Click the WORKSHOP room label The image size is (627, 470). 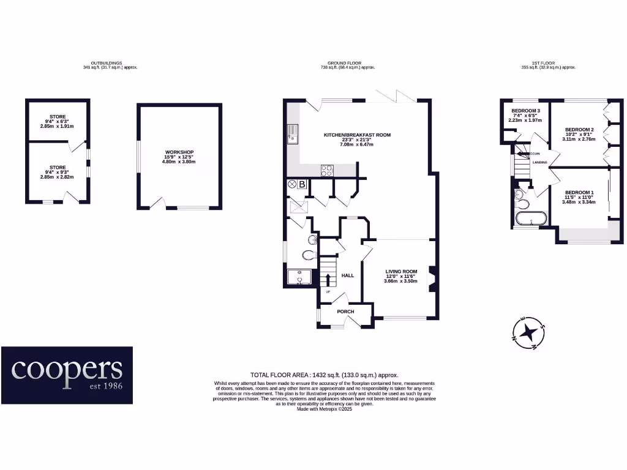tap(179, 152)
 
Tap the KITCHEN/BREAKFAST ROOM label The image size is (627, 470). tap(358, 135)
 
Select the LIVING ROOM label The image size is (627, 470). tap(401, 271)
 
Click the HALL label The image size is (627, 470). tap(347, 275)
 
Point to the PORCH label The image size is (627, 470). tap(345, 311)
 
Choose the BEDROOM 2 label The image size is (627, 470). tap(579, 130)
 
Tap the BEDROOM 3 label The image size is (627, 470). tap(525, 110)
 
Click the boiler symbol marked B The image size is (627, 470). tap(302, 184)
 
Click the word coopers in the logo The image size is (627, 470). tap(67, 369)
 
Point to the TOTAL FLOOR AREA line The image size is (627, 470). tap(325, 375)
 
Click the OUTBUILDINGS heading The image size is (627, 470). tap(106, 63)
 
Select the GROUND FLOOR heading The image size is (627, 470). tap(345, 63)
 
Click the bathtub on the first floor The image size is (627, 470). tap(531, 218)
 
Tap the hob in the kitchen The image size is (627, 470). tap(327, 171)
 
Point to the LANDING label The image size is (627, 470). tap(539, 162)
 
